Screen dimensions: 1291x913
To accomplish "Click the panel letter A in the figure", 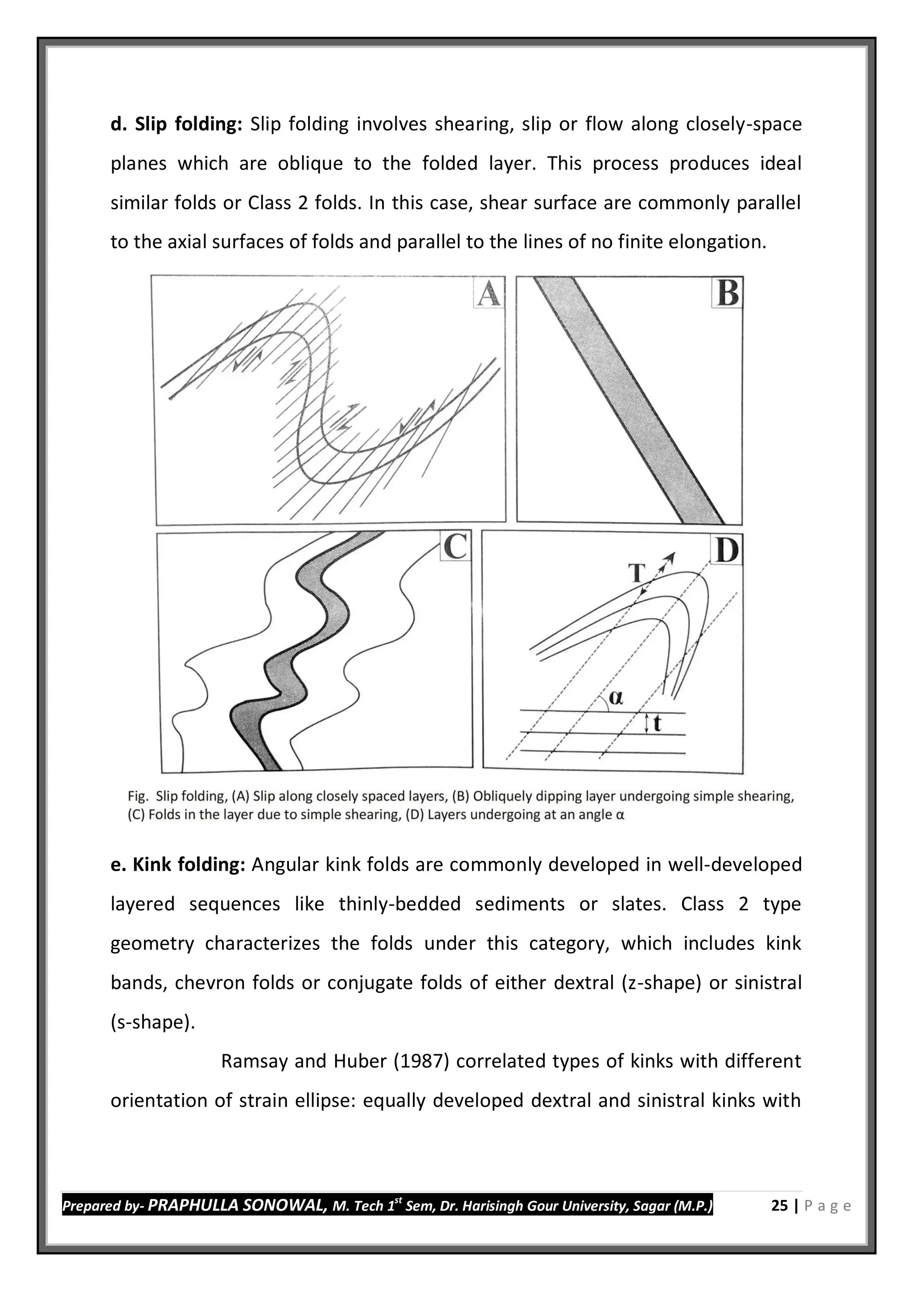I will (488, 293).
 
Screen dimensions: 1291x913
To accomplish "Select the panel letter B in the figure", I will (728, 293).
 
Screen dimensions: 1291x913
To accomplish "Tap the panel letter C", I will (454, 547).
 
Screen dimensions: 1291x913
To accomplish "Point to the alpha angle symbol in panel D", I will (616, 697).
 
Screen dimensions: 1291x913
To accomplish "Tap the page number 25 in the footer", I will (779, 1205).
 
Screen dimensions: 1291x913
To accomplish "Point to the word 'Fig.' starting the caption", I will (138, 796).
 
